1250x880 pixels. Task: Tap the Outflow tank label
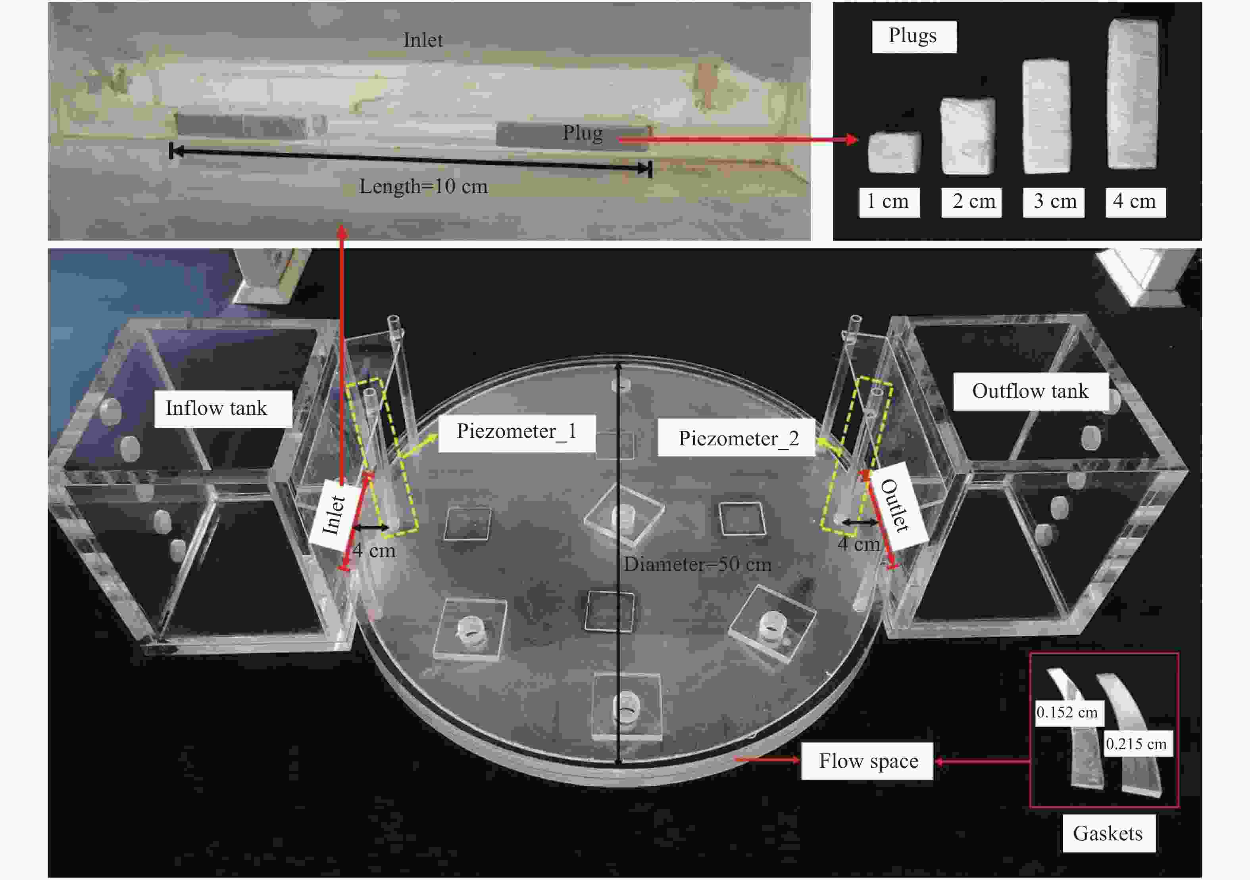click(1031, 391)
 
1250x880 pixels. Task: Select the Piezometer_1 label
click(517, 433)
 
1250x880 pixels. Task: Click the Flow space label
click(868, 761)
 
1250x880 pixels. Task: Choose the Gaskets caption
click(1108, 833)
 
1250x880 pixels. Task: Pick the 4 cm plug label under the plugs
click(1136, 202)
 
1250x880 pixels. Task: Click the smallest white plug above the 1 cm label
click(894, 152)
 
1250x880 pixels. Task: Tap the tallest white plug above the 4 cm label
click(1133, 94)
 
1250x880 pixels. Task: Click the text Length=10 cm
click(423, 187)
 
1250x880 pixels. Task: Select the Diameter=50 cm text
click(697, 564)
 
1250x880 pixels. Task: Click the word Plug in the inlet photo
click(583, 133)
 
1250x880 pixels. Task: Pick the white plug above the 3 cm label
click(1046, 117)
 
